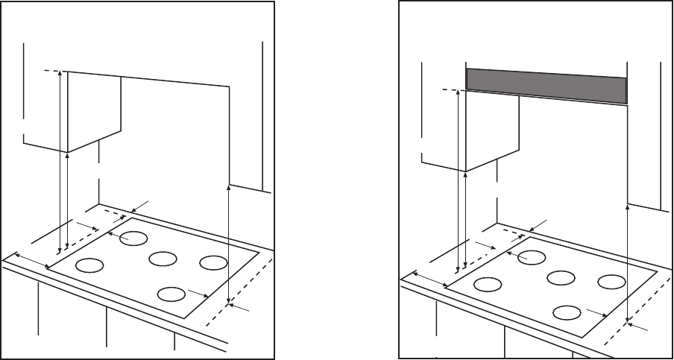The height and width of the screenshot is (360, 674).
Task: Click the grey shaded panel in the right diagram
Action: click(545, 85)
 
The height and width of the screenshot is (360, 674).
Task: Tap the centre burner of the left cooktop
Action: click(162, 259)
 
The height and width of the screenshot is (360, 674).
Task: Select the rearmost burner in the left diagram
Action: click(134, 239)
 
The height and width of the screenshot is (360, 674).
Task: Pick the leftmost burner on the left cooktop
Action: click(89, 265)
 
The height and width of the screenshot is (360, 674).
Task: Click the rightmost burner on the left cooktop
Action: click(212, 262)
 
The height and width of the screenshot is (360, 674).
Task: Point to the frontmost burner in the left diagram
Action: click(172, 294)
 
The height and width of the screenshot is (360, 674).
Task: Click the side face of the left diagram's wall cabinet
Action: click(95, 112)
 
